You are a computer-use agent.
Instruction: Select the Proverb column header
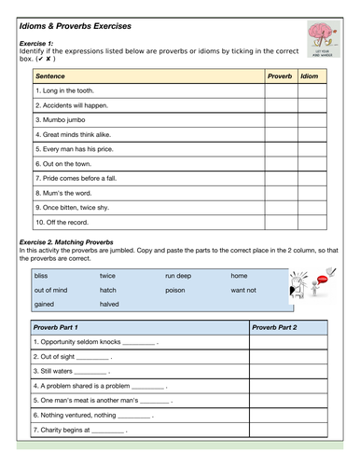click(280, 75)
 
